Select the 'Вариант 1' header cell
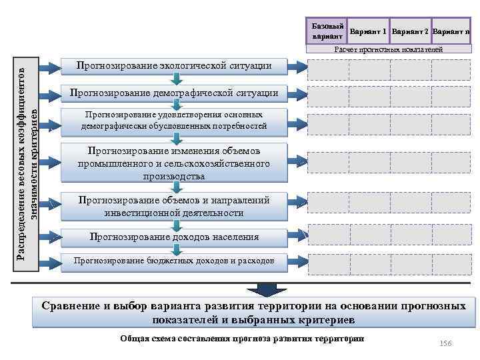(x=368, y=32)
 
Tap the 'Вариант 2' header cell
(x=410, y=32)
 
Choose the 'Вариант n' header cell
(x=451, y=32)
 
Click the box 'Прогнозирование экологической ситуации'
(x=174, y=66)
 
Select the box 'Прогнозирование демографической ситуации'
(x=174, y=92)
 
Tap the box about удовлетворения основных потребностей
(x=174, y=121)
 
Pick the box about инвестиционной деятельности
(x=174, y=206)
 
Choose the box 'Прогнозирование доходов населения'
(x=174, y=237)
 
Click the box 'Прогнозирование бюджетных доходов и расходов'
(x=174, y=261)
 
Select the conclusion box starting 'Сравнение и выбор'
(x=253, y=313)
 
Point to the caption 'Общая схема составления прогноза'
(x=242, y=339)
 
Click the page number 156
(x=446, y=343)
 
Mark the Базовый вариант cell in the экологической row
(x=327, y=69)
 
